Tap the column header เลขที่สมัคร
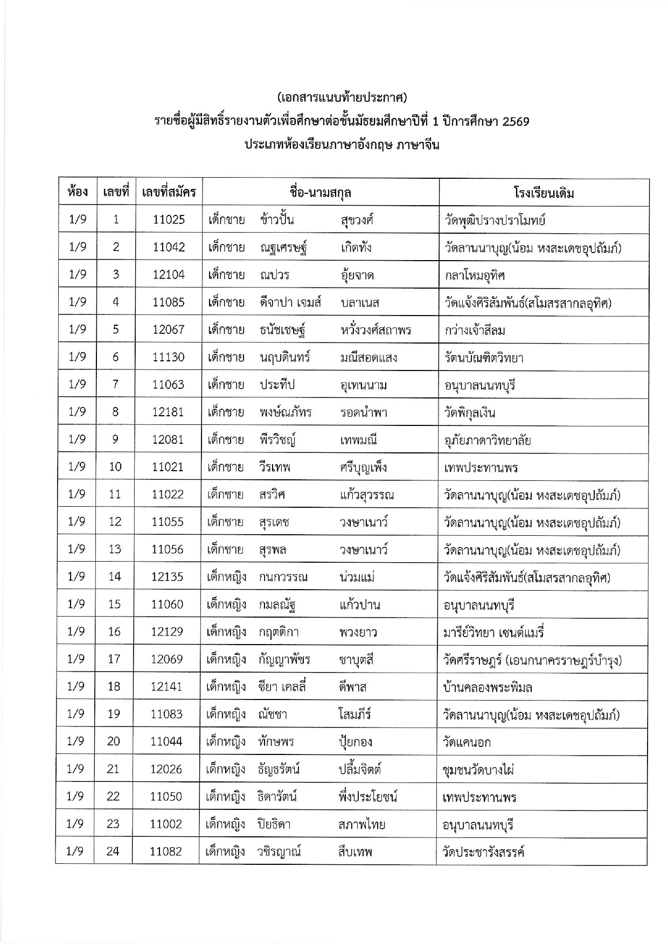[169, 192]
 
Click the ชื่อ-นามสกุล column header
[320, 192]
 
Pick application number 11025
[169, 220]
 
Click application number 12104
[169, 275]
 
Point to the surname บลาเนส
[360, 303]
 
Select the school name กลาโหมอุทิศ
[475, 275]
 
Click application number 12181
[168, 412]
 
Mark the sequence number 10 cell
[115, 467]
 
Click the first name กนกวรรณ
[283, 577]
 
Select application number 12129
[167, 632]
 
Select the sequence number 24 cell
[113, 851]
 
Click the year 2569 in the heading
[515, 122]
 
